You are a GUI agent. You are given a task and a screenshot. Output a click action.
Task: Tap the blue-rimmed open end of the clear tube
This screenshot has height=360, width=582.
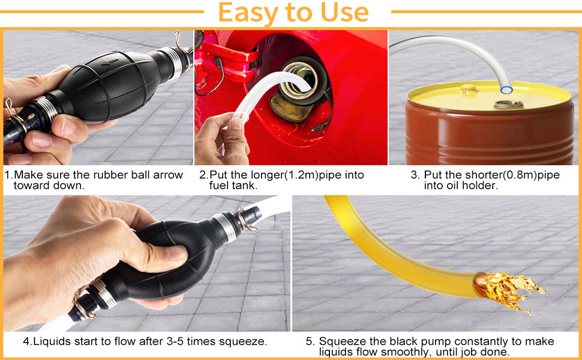coord(506,89)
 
